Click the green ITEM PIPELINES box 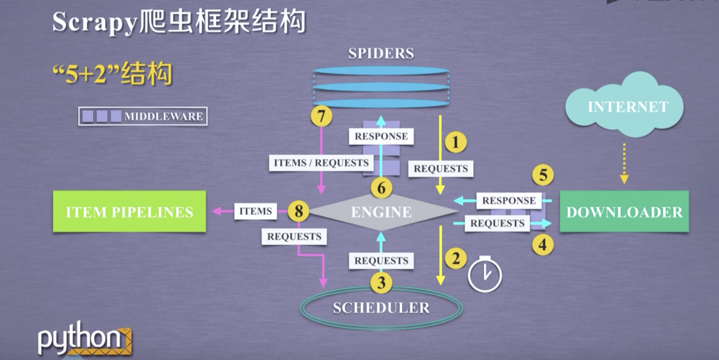129,212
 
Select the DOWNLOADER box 624,212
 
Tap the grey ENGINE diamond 382,212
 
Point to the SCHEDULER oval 381,308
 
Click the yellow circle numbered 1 455,142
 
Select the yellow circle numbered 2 455,259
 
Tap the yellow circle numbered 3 381,282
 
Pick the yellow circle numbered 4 542,245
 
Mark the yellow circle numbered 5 542,175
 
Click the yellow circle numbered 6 381,188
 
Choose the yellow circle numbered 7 321,116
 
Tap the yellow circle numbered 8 298,212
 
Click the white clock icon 484,275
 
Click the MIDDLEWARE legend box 143,116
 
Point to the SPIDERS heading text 381,53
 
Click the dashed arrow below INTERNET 624,163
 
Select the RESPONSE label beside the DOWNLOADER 508,201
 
